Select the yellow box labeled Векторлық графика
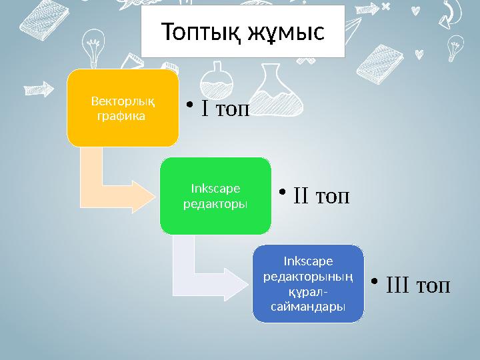(x=123, y=107)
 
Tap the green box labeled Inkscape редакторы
(x=215, y=196)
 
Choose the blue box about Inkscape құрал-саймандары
(x=308, y=283)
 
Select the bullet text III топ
(x=417, y=285)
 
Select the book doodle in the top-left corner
(x=23, y=20)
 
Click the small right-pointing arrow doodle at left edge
(x=41, y=88)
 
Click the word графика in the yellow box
(x=119, y=115)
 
